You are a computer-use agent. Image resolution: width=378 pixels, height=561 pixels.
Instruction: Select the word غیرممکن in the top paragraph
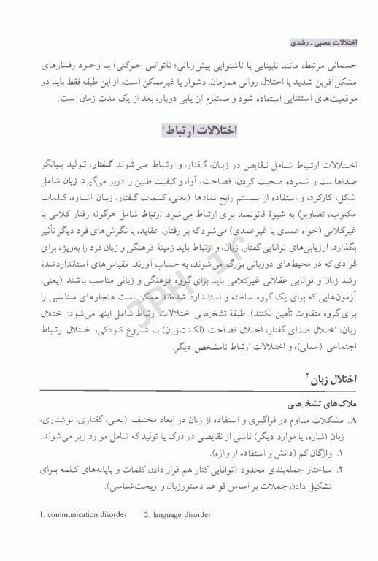(150, 79)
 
